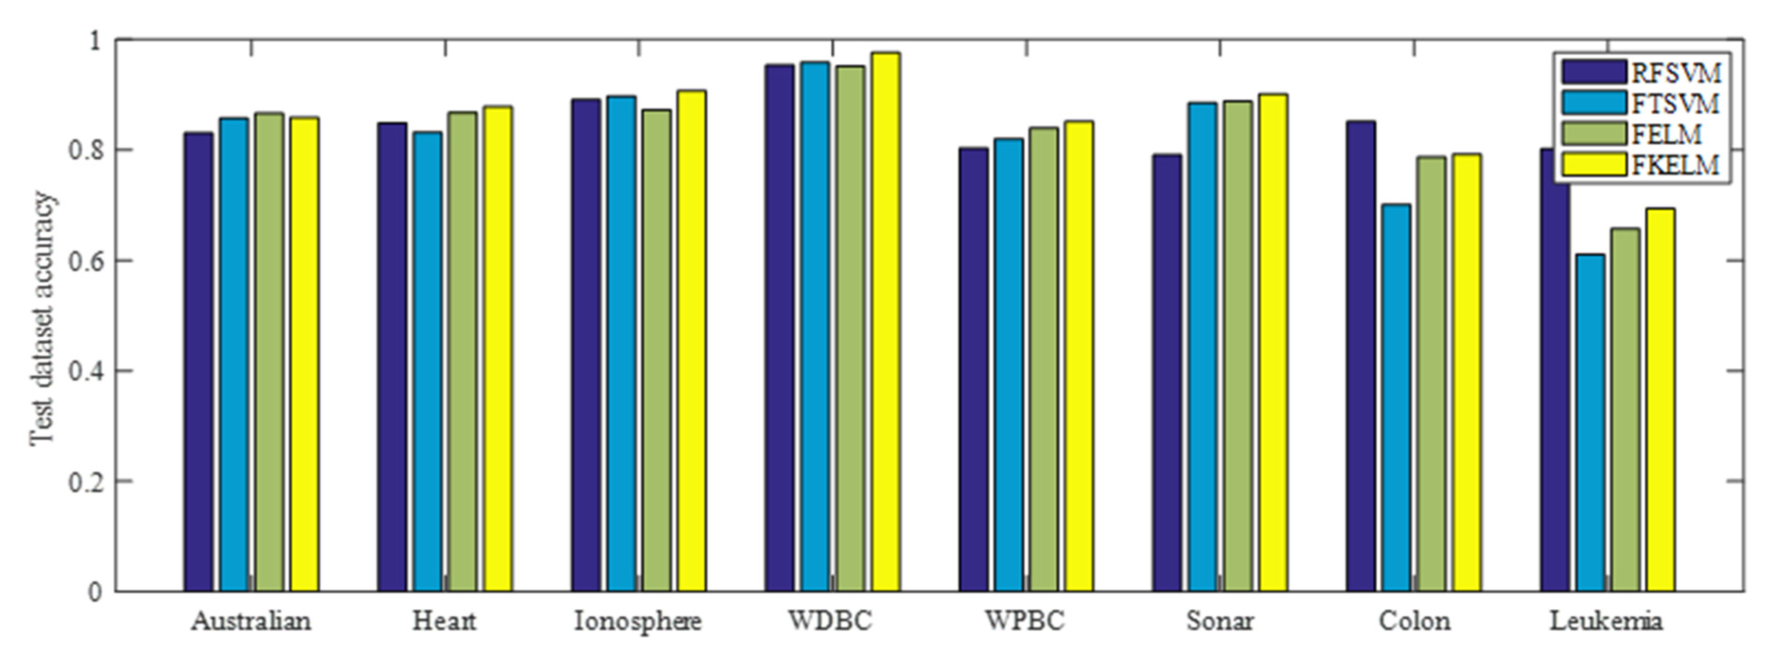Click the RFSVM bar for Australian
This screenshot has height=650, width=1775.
tap(199, 362)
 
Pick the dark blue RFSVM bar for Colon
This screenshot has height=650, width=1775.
tap(1360, 356)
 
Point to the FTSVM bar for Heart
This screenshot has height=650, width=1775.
tap(428, 362)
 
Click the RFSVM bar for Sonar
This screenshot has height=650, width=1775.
tap(1167, 372)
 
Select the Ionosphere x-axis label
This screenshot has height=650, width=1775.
tap(637, 621)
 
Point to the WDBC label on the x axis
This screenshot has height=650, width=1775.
tap(830, 621)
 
